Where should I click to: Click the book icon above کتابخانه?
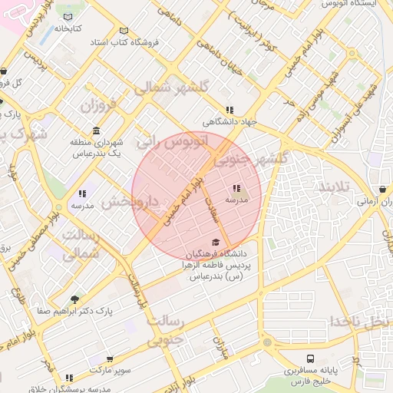[x=67, y=17]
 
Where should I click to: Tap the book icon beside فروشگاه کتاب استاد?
[x=124, y=31]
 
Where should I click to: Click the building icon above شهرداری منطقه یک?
[x=96, y=130]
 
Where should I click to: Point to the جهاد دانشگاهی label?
[x=230, y=122]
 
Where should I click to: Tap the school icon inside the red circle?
[x=236, y=188]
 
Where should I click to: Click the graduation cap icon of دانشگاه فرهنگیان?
[x=216, y=242]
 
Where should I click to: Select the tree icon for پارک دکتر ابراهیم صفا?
[x=74, y=299]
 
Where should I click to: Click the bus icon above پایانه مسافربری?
[x=310, y=358]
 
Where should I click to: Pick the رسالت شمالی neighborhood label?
[x=80, y=243]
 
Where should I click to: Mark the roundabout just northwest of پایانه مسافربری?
[x=268, y=342]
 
